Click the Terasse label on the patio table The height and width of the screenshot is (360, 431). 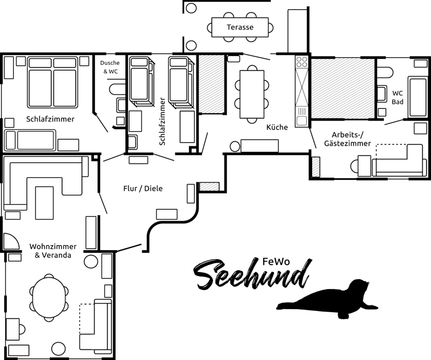[240, 27]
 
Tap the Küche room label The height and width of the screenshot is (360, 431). [277, 127]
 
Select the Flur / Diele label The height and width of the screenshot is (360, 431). [143, 188]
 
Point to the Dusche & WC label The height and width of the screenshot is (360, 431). [110, 67]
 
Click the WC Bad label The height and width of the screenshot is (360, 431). [397, 97]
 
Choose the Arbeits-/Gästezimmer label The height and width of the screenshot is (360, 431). [347, 139]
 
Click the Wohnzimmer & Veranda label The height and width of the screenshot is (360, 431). [53, 251]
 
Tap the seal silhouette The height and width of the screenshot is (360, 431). [327, 299]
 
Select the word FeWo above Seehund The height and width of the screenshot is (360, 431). [276, 262]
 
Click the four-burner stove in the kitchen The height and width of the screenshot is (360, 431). [302, 62]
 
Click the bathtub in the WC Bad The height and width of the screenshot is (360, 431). [418, 97]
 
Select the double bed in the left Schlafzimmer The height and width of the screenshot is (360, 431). [52, 82]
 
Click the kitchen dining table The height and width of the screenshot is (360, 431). [252, 94]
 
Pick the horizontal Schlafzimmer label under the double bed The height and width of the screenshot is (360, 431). [50, 119]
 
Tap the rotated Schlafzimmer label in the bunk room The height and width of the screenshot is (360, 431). [162, 121]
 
